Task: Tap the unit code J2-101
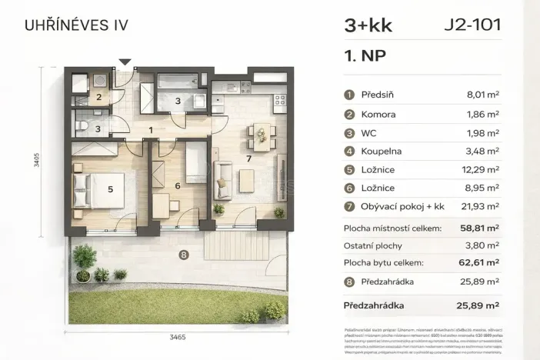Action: tap(472, 25)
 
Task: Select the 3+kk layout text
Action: tap(368, 25)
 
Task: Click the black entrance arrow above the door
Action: tap(125, 62)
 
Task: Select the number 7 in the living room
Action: tap(248, 158)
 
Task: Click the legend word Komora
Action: tap(378, 114)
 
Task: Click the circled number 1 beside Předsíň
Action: tap(349, 95)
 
